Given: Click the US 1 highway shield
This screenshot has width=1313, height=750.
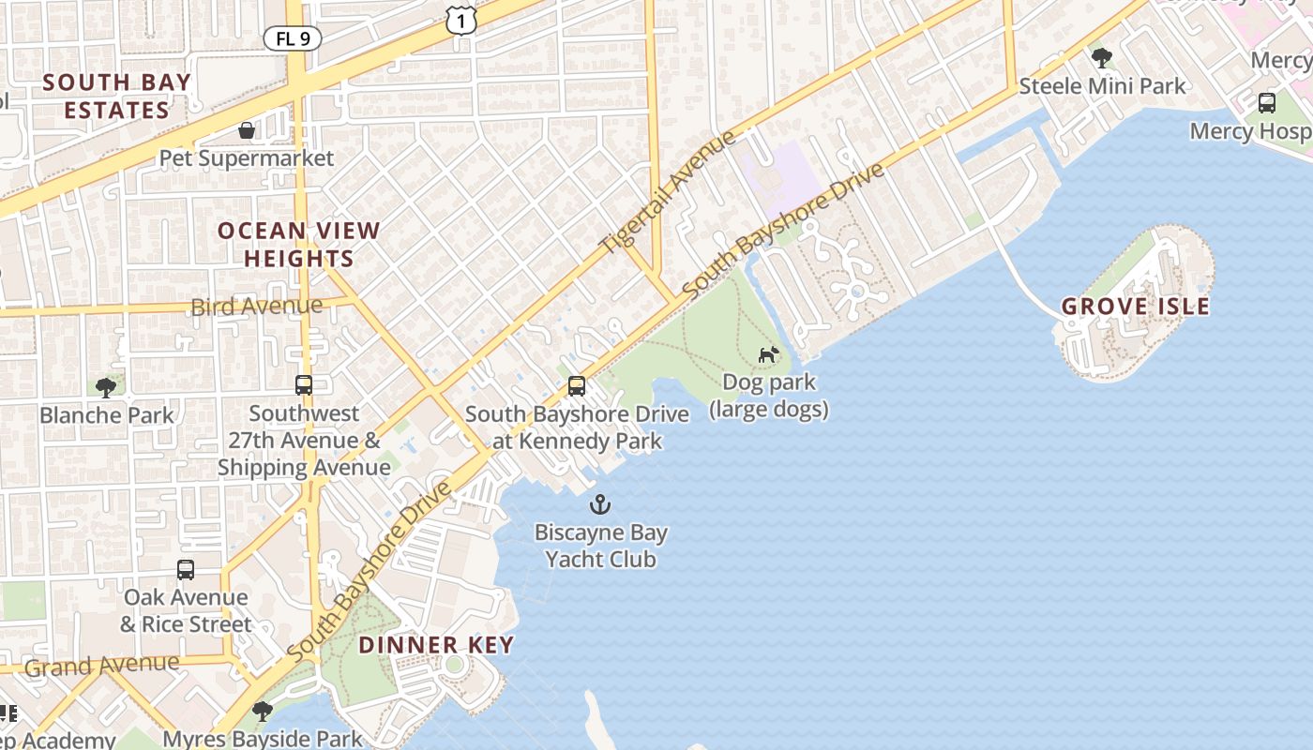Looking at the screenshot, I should click(x=460, y=19).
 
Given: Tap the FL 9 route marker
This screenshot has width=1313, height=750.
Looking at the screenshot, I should click(x=293, y=38).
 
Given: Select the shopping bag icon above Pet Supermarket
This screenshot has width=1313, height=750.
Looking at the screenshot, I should click(x=247, y=129).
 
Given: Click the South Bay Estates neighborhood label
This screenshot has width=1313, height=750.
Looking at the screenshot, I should click(x=117, y=96).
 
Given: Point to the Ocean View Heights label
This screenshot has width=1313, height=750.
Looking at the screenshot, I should click(x=299, y=244).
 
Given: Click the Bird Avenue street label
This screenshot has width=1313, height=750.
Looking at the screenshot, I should click(x=256, y=306).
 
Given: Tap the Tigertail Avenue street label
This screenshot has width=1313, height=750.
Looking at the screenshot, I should click(x=668, y=192).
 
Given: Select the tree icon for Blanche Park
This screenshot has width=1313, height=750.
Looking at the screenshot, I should click(x=106, y=386).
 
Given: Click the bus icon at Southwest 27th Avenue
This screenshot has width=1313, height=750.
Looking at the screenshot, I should click(x=304, y=384).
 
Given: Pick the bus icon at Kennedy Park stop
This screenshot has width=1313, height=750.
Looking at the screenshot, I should click(x=577, y=385).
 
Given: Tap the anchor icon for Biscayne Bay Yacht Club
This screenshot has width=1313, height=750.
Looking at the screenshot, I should click(x=600, y=505).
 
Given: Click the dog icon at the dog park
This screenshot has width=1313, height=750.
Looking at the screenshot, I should click(x=769, y=354).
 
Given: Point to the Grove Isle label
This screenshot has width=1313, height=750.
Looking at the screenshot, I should click(x=1135, y=307).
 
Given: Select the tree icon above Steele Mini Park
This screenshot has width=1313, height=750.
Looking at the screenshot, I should click(x=1102, y=58).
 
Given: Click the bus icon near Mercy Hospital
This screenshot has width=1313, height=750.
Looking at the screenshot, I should click(x=1267, y=102).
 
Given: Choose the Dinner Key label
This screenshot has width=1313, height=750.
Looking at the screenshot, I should click(x=436, y=645).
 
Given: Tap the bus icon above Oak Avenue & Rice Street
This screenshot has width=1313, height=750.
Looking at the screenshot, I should click(x=186, y=569).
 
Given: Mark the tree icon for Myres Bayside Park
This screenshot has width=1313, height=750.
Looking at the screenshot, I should click(x=263, y=711).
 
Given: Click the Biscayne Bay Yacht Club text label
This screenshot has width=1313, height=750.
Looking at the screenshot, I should click(x=601, y=547).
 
